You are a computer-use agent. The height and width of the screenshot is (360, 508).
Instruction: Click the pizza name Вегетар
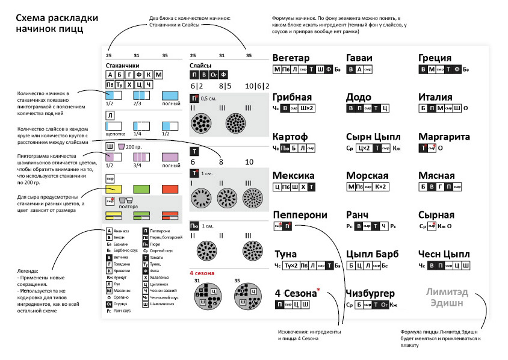[291, 58]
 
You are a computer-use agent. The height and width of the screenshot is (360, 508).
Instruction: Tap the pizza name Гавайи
[359, 58]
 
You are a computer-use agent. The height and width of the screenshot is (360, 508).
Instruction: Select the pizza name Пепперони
[300, 215]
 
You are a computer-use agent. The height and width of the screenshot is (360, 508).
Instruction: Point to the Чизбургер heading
[370, 294]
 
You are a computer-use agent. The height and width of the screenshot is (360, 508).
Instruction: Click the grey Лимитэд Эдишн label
[446, 299]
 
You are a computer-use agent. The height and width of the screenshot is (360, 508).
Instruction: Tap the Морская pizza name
[367, 176]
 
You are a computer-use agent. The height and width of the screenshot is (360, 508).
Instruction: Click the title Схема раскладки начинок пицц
[50, 23]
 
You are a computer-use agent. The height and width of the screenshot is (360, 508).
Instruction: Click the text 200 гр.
[133, 146]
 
